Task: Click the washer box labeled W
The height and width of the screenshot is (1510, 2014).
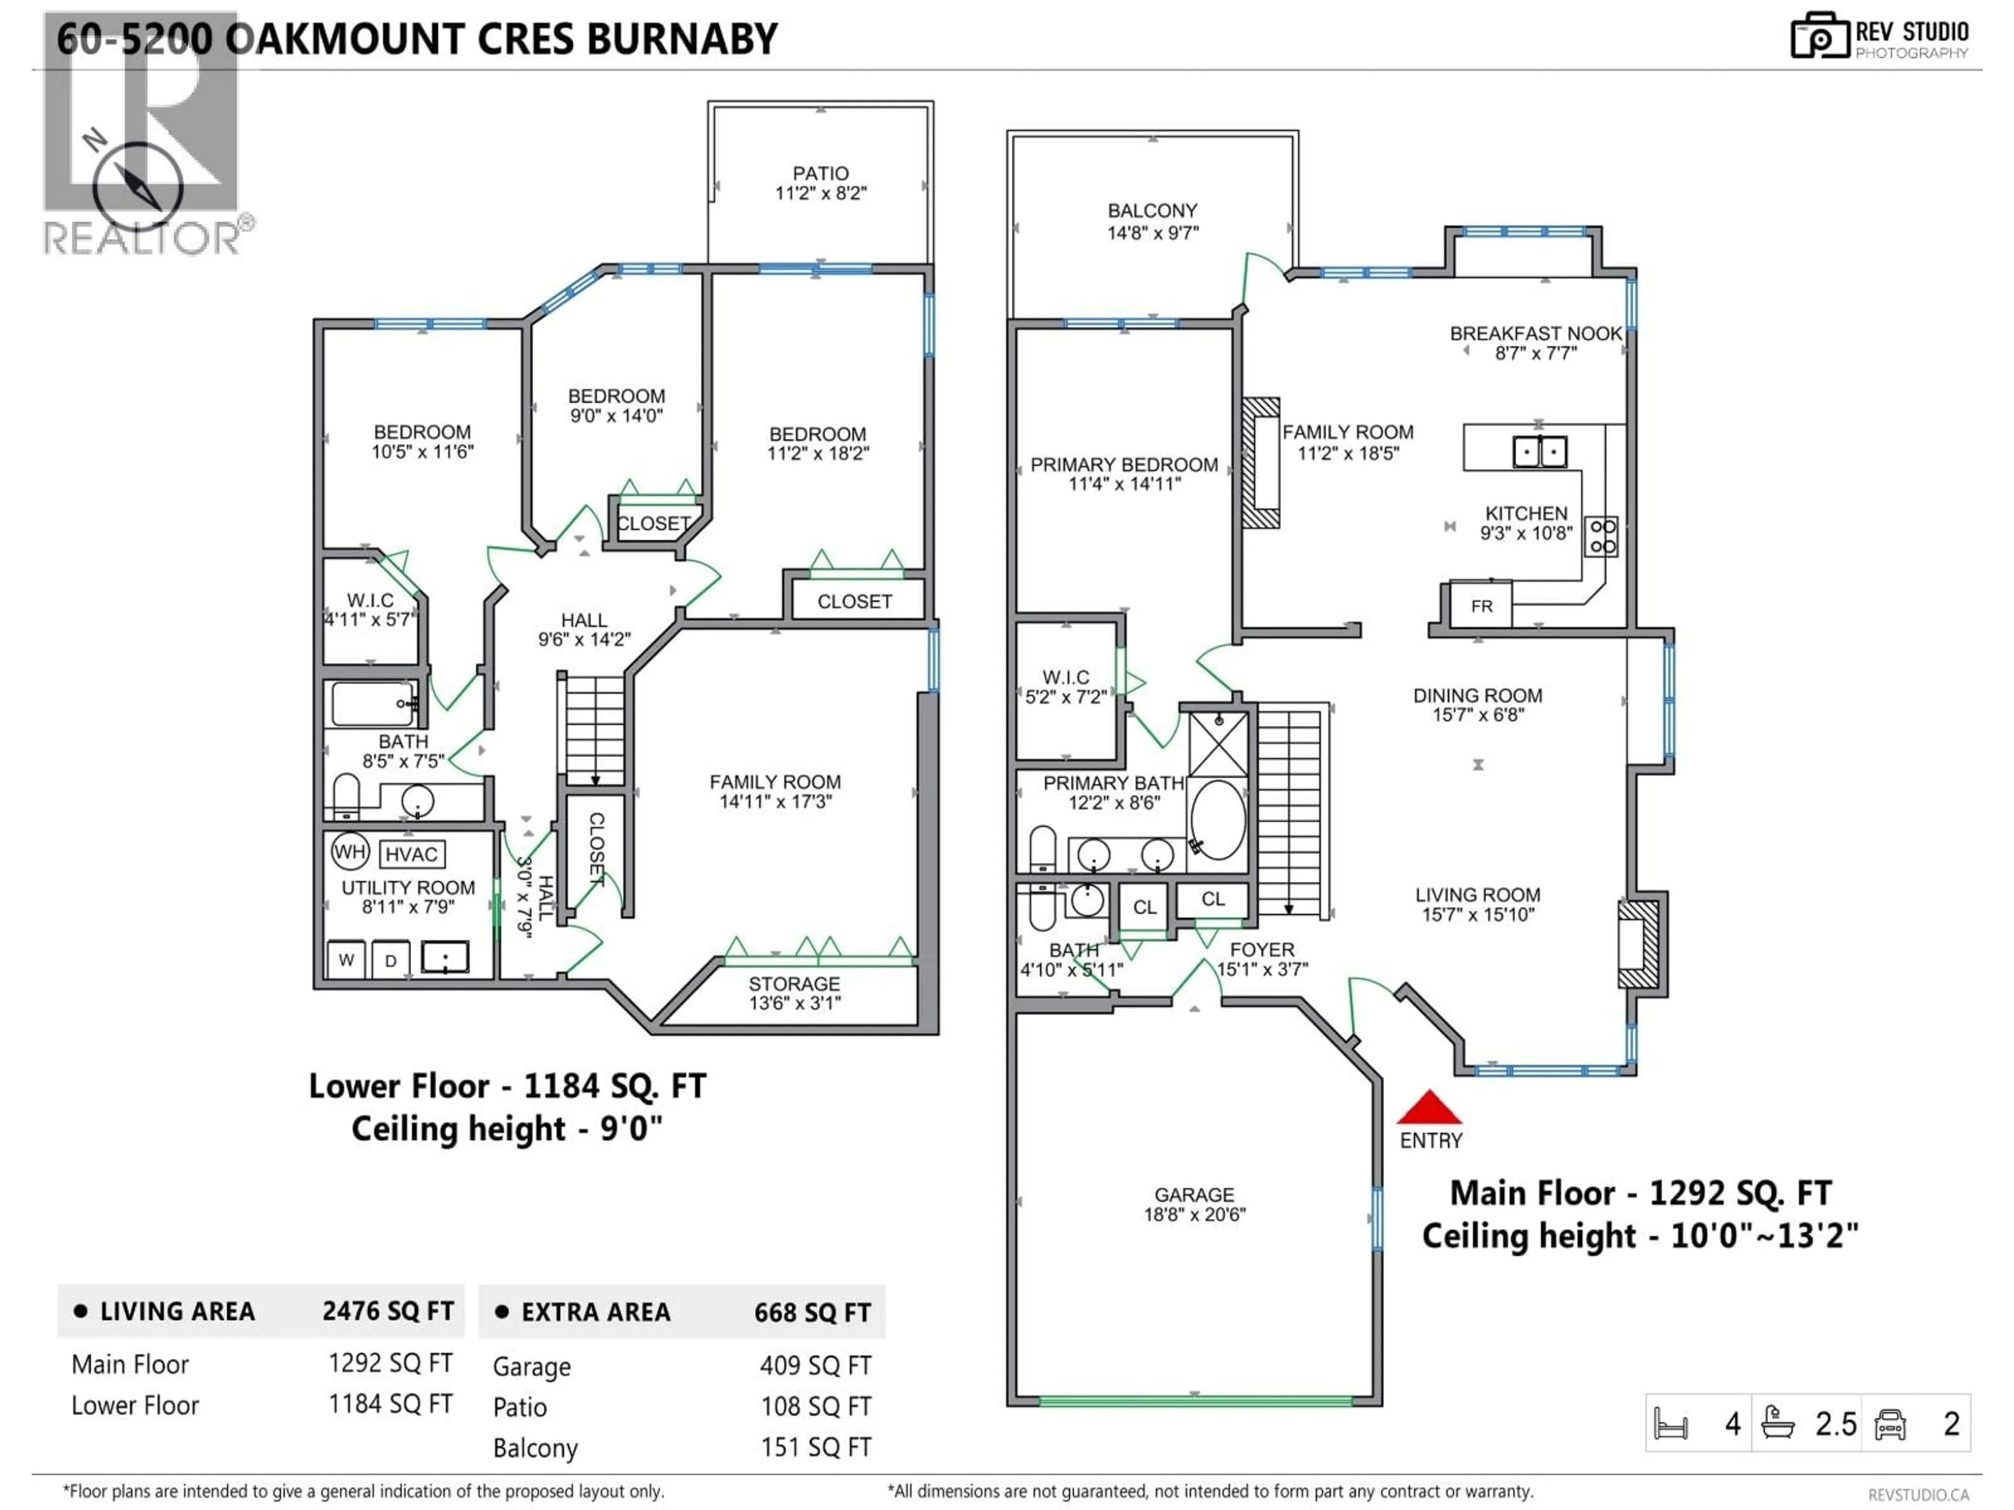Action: (346, 959)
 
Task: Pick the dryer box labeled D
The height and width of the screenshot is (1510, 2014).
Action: (391, 960)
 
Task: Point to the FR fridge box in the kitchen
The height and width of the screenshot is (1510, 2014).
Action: (1481, 606)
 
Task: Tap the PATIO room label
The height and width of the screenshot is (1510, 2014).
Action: (820, 173)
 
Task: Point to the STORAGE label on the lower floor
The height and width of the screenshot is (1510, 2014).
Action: (794, 984)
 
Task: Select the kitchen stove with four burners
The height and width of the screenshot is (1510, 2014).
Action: (1602, 536)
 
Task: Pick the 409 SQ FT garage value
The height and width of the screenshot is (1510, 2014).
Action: (815, 1365)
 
